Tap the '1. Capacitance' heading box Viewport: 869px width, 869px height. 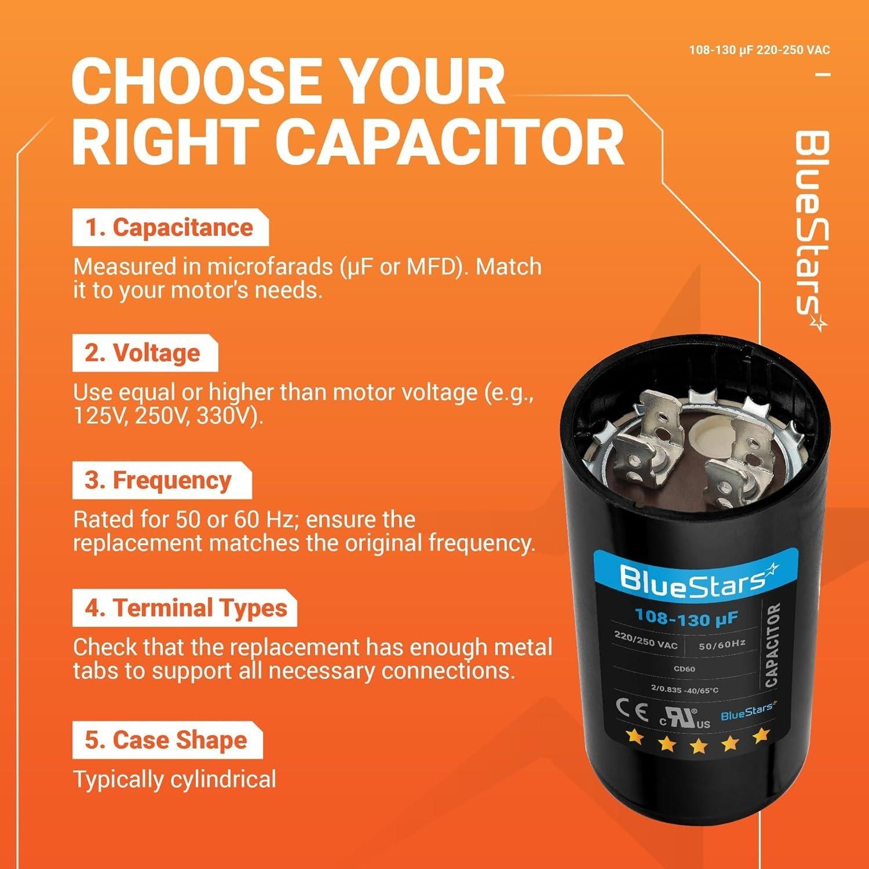(170, 228)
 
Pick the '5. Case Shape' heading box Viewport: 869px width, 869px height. (166, 740)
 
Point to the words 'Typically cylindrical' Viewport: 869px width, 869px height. (174, 779)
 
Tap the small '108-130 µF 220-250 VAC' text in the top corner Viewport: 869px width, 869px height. (759, 50)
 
